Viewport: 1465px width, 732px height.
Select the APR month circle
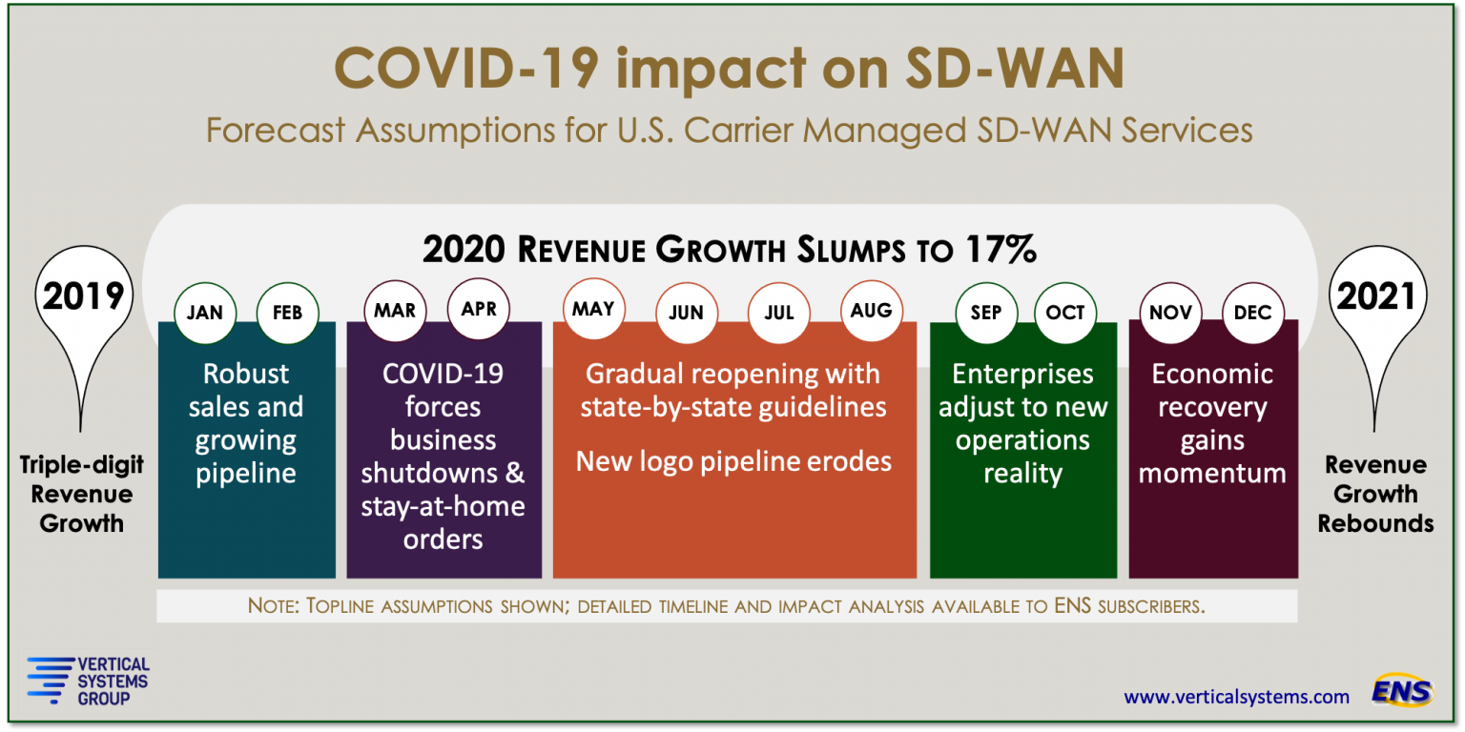tap(479, 309)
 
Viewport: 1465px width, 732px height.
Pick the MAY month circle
tap(593, 309)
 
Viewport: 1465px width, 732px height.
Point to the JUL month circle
tap(778, 314)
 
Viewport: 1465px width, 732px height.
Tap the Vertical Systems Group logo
tap(88, 680)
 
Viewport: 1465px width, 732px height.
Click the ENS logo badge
tap(1402, 690)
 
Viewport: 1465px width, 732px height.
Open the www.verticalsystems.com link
tap(1236, 697)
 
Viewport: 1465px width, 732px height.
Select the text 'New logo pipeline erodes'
tap(733, 462)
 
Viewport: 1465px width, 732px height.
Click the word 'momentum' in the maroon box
tap(1212, 474)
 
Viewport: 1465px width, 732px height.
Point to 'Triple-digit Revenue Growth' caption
tap(82, 494)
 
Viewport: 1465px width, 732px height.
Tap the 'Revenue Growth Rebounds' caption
tap(1375, 494)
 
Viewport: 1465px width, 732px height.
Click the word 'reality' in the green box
tap(1022, 474)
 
